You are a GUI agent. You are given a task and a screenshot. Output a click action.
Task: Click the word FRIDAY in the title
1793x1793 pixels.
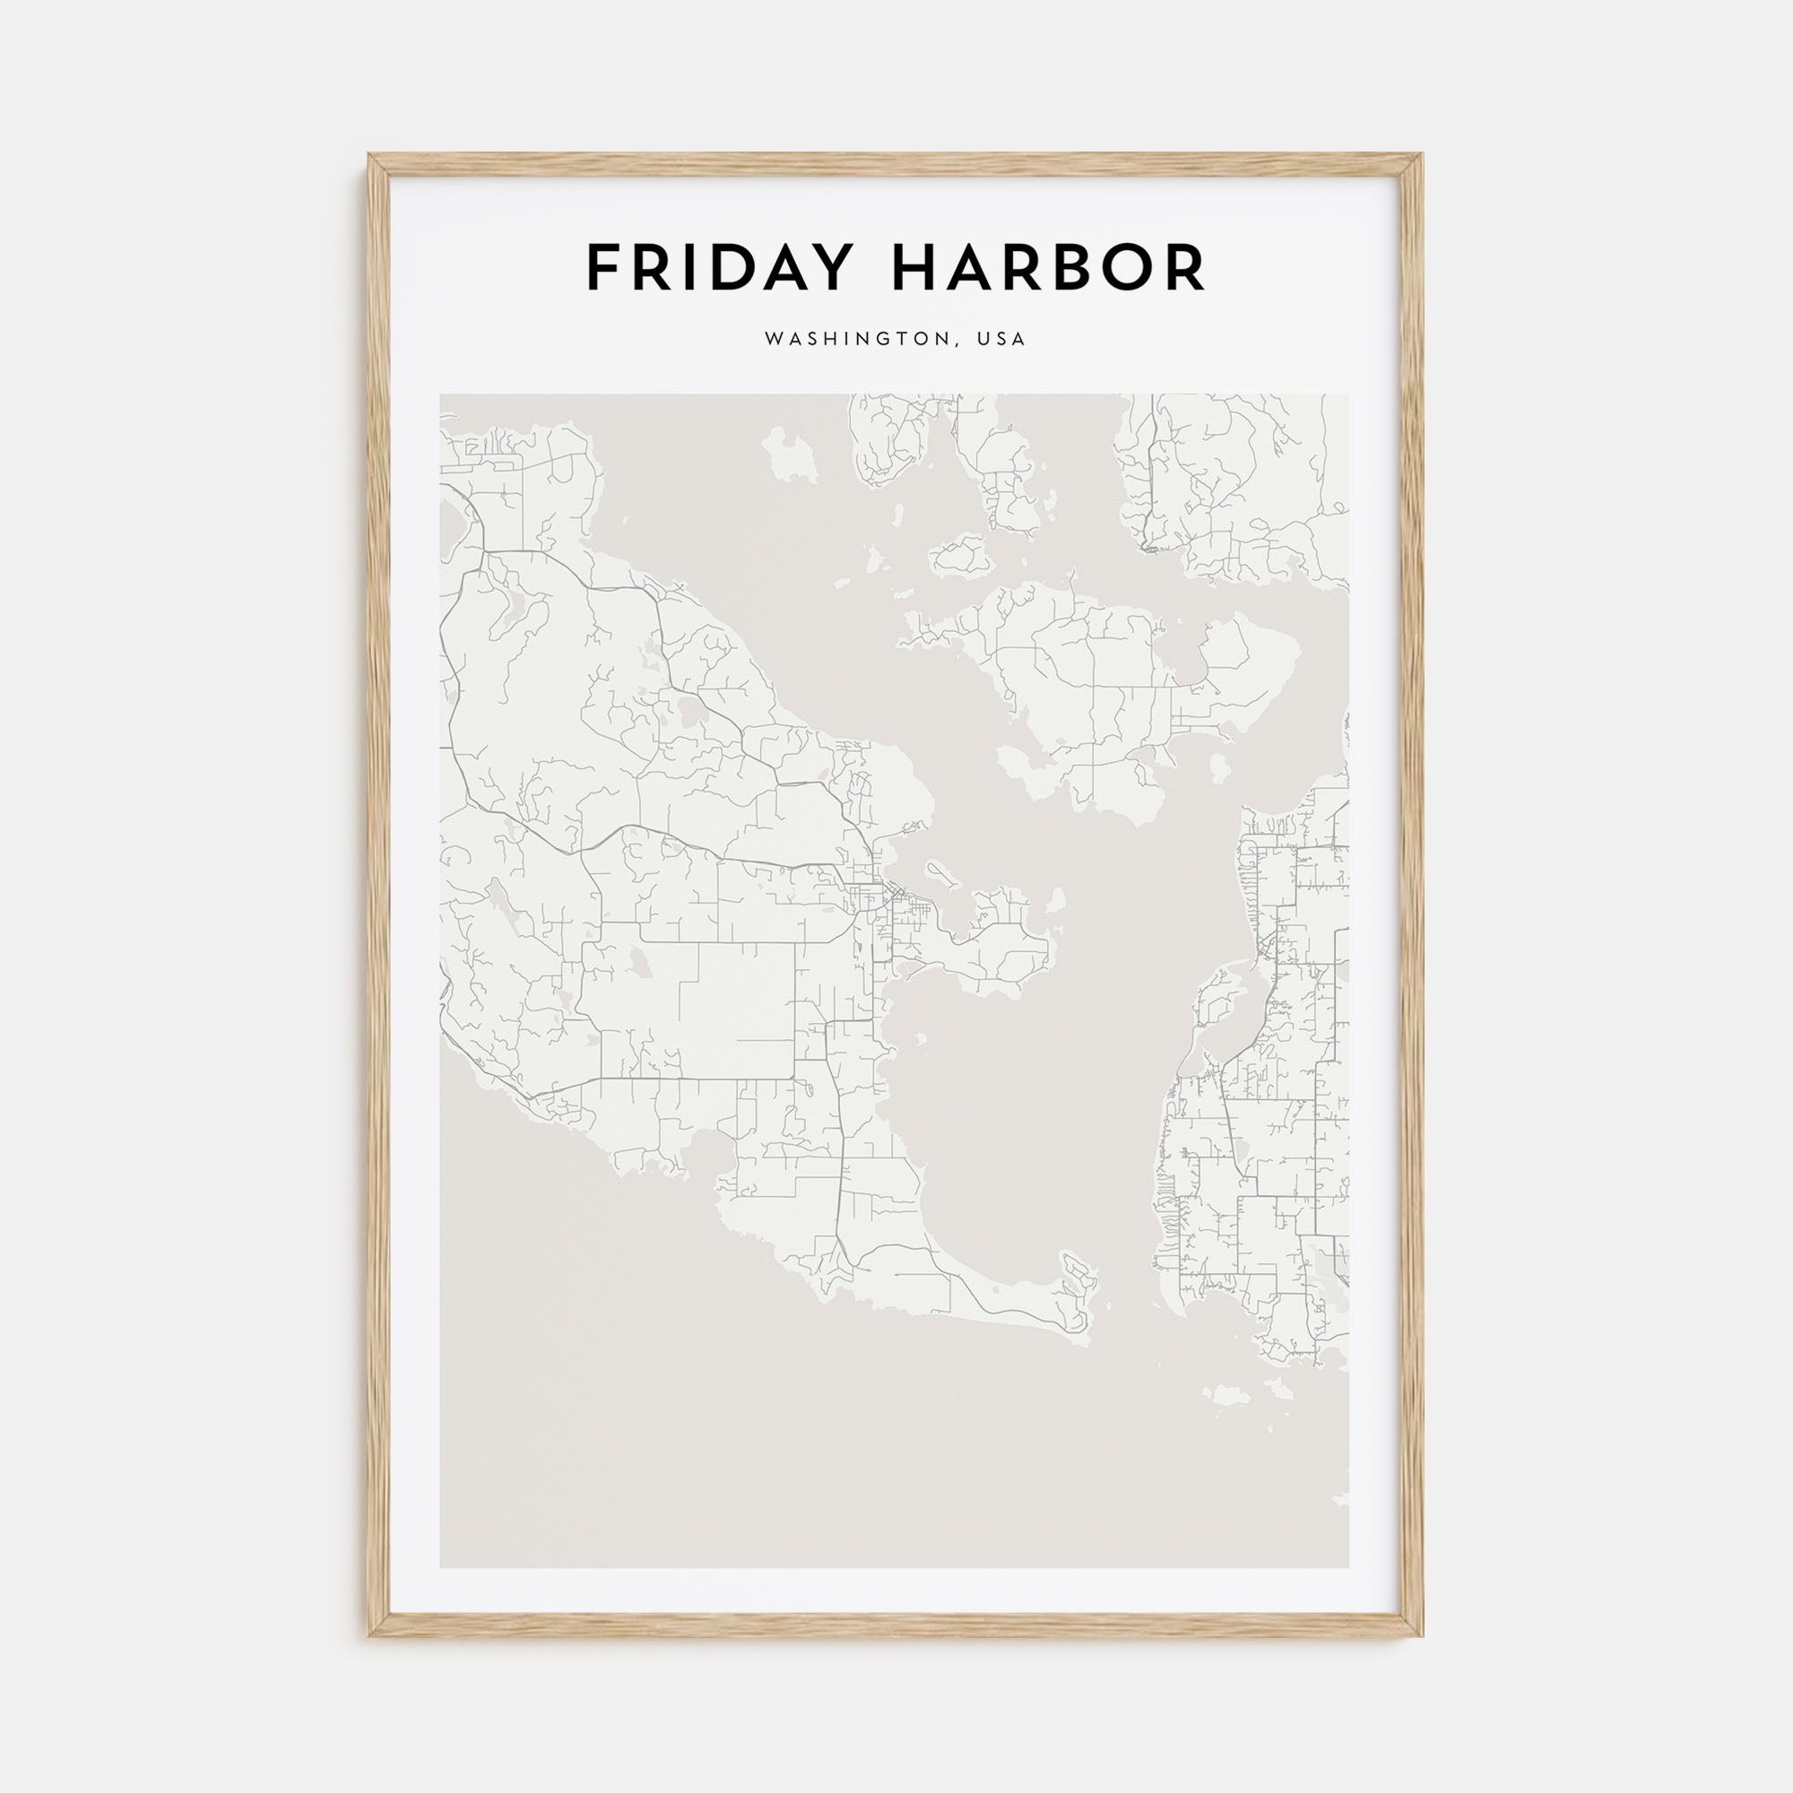pyautogui.click(x=718, y=268)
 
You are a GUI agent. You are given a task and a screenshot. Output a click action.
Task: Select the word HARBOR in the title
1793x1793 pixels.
pyautogui.click(x=1049, y=268)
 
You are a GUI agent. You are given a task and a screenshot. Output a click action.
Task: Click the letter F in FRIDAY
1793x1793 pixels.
pyautogui.click(x=603, y=268)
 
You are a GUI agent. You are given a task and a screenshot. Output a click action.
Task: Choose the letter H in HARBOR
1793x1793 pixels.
pyautogui.click(x=914, y=268)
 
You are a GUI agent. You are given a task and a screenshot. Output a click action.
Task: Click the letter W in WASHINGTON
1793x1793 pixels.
pyautogui.click(x=772, y=340)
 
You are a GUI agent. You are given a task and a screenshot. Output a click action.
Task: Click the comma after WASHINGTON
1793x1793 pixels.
pyautogui.click(x=957, y=344)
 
